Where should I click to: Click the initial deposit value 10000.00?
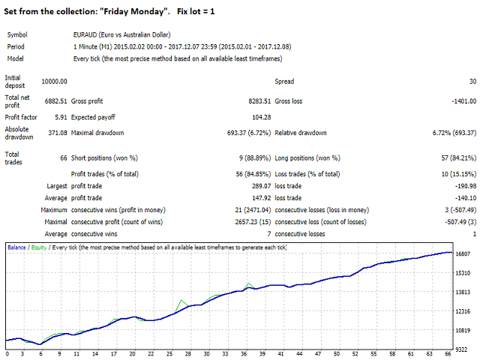(53, 81)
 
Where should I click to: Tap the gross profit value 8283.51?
(253, 100)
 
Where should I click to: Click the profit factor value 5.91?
(59, 117)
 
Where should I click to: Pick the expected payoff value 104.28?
(258, 117)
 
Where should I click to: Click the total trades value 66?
(63, 158)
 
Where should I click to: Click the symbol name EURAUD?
(80, 34)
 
